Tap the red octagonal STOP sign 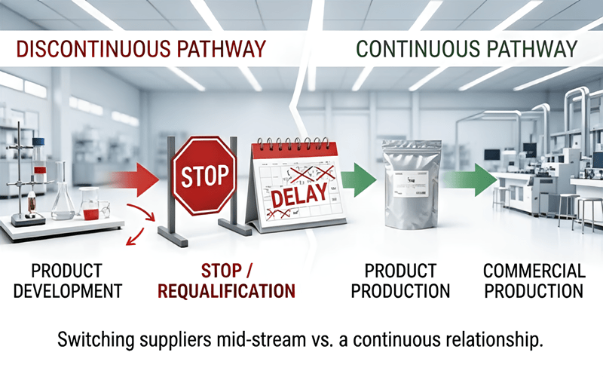tap(204, 176)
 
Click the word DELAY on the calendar tap(299, 195)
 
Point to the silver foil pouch tap(411, 184)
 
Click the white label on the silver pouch tap(411, 184)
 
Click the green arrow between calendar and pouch tap(359, 180)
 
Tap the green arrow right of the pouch tap(471, 179)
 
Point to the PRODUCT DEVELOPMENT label tap(68, 280)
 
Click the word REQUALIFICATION tap(227, 291)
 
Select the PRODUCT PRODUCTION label tap(400, 280)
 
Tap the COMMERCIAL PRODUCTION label tap(534, 280)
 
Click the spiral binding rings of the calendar tap(294, 145)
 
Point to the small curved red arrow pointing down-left tap(136, 237)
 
